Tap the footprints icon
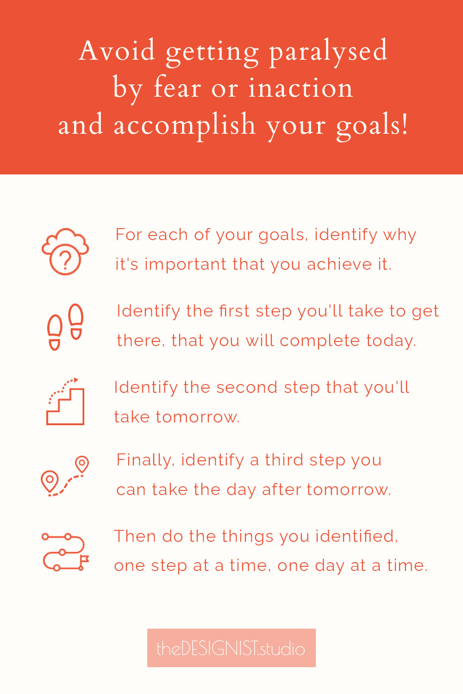click(65, 327)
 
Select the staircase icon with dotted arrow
click(65, 402)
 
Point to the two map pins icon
click(65, 476)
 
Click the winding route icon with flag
click(65, 552)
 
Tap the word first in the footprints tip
click(234, 311)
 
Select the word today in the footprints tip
click(391, 341)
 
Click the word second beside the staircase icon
click(246, 387)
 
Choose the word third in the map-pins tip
click(284, 460)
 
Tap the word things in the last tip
click(247, 537)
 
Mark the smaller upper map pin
click(82, 464)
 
